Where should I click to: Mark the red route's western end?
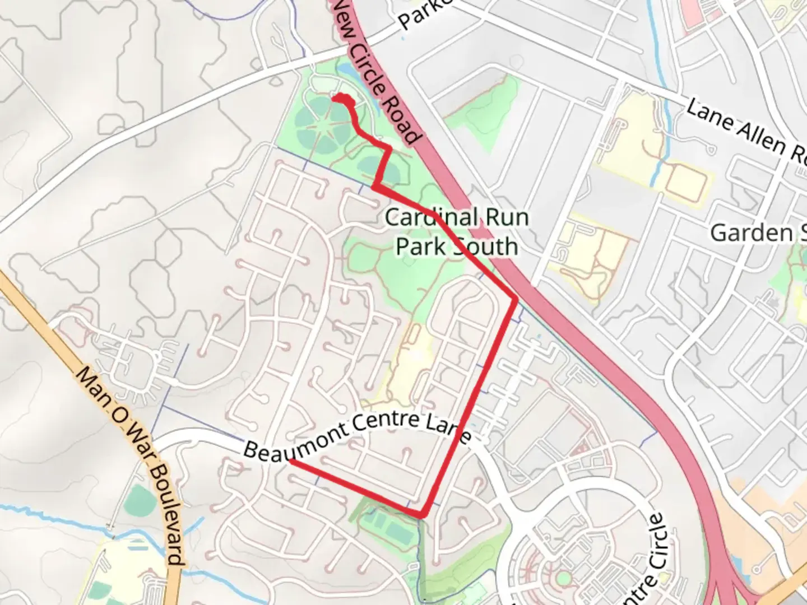(x=291, y=461)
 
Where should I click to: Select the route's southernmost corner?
(x=423, y=514)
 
